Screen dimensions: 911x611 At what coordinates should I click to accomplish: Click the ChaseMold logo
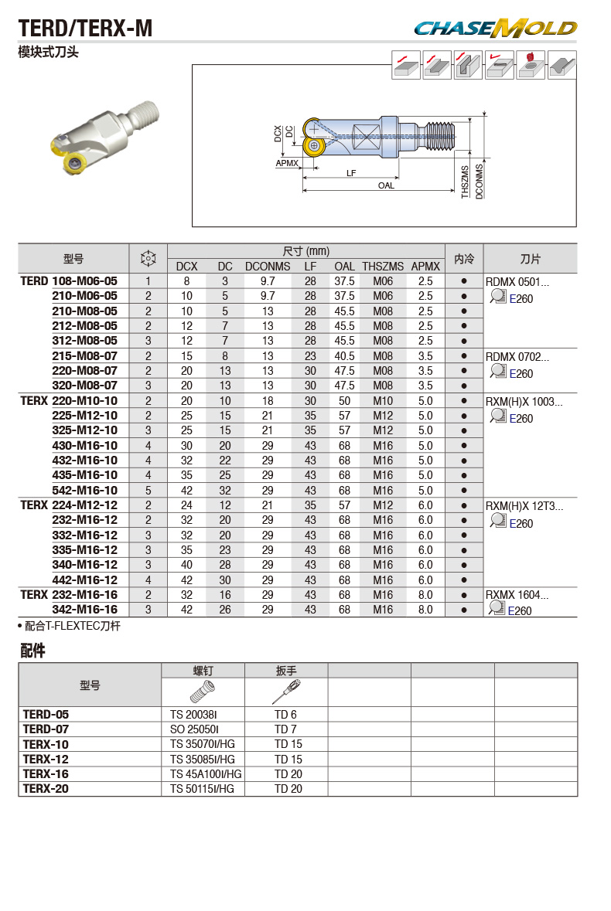pos(495,29)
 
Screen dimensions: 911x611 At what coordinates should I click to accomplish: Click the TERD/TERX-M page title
pos(85,29)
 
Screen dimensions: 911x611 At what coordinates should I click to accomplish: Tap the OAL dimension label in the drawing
pos(386,185)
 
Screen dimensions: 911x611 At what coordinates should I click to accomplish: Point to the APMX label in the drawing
pos(288,164)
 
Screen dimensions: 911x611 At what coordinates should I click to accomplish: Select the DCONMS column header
pos(268,267)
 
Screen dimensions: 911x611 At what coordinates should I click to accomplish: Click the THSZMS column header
pos(383,267)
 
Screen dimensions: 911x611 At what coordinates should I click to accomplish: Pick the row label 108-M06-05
pos(84,281)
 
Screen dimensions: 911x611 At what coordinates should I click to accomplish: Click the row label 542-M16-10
pos(84,491)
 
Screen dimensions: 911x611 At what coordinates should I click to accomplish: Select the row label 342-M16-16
pos(84,610)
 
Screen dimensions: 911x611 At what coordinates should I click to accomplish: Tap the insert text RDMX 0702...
pos(517,357)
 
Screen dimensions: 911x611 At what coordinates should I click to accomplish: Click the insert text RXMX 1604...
pos(517,595)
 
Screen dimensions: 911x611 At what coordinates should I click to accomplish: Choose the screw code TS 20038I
pos(195,715)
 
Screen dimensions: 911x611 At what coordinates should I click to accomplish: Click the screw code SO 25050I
pos(195,729)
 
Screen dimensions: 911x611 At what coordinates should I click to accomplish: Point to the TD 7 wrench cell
pos(285,729)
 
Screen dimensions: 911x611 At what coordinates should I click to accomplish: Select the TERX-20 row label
pos(46,789)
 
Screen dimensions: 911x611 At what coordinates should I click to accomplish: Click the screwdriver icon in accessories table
pos(285,690)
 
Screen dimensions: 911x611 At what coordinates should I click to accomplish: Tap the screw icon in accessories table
pos(202,690)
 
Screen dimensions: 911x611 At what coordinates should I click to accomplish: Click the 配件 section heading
pos(32,651)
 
